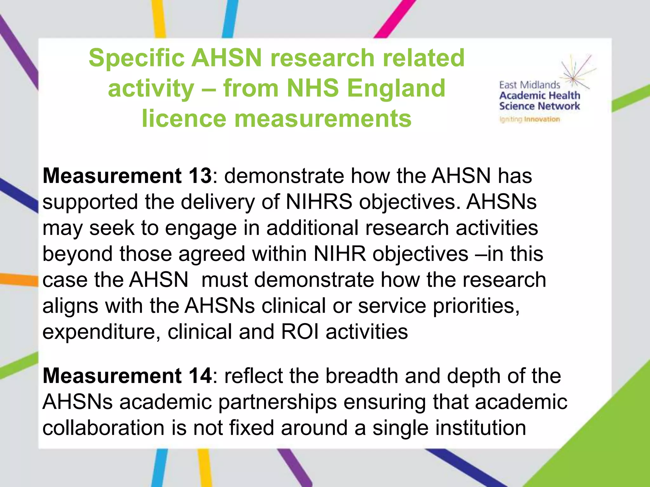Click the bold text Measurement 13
[x=127, y=176]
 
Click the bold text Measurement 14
[x=127, y=376]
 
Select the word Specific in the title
[x=136, y=58]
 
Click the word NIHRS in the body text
[x=319, y=202]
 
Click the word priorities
[x=476, y=306]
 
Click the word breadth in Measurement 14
[x=361, y=376]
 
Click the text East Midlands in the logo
[x=529, y=85]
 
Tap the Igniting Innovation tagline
[x=529, y=120]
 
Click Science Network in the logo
[x=539, y=106]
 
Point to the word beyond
[x=77, y=254]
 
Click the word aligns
[x=70, y=306]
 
